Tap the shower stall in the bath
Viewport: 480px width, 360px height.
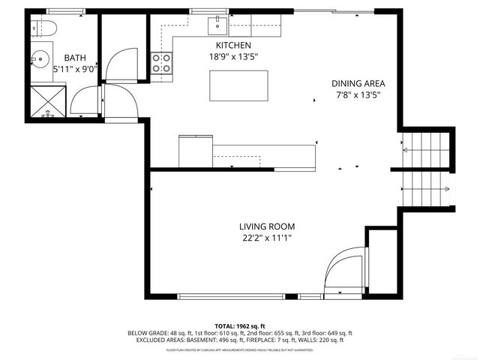[x=48, y=100]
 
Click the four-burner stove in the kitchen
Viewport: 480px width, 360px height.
[x=161, y=63]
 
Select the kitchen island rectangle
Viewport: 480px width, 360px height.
[x=238, y=85]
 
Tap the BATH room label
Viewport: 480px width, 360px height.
[x=74, y=58]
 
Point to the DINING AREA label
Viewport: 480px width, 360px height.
[x=358, y=83]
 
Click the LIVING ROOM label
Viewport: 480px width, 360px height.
[x=266, y=226]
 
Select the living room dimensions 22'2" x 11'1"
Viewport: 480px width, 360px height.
[x=266, y=238]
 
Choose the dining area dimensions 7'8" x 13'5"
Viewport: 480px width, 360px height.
[x=358, y=95]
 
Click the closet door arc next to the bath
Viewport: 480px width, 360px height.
[x=120, y=64]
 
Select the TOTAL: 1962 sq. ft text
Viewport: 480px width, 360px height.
[x=240, y=325]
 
